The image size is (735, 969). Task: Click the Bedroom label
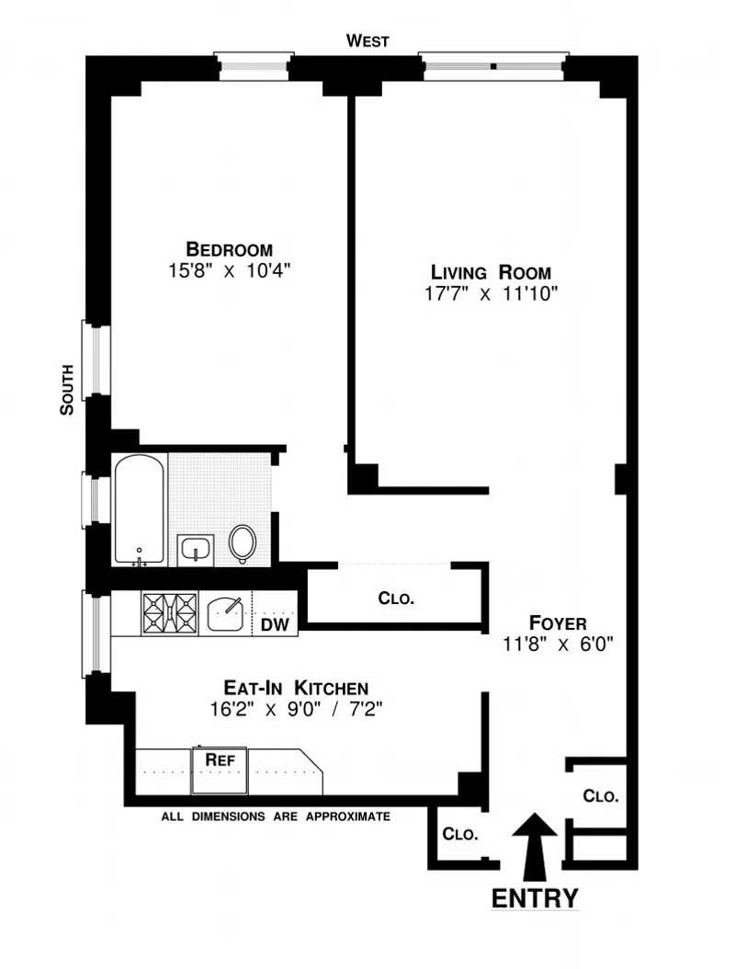coord(229,248)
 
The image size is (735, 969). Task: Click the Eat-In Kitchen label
coord(296,688)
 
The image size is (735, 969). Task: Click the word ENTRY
coord(535,898)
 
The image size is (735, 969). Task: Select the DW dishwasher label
coord(275,625)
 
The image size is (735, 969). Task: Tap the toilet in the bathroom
coord(243,542)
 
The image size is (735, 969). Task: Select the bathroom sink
coord(196,550)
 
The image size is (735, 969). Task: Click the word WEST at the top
coord(367,40)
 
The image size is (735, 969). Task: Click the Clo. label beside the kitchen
coord(396,598)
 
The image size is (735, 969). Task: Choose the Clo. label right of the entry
coord(601,796)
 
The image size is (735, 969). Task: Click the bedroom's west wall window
coord(253,67)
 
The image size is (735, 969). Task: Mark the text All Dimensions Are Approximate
coord(276,816)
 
